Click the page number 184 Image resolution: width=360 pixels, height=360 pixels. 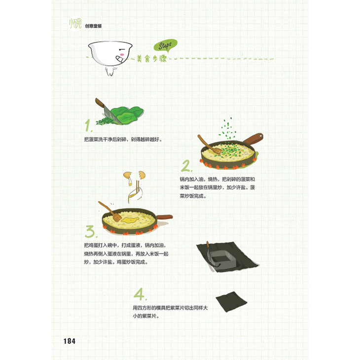[70, 341]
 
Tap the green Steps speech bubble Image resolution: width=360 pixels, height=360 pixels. [165, 46]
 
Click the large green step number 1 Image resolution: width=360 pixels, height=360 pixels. [88, 125]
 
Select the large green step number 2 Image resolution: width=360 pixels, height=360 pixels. [186, 166]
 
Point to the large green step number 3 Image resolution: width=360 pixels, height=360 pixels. [90, 231]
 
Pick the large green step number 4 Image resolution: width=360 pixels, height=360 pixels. [140, 294]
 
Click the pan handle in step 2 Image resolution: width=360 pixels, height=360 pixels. [253, 139]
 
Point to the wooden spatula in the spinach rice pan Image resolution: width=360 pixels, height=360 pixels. [210, 144]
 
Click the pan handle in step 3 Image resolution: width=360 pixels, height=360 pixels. [164, 217]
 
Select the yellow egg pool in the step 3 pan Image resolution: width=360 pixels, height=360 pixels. [130, 220]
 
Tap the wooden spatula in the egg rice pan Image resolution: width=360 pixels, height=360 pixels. [110, 211]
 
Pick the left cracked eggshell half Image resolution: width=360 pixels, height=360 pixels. [128, 176]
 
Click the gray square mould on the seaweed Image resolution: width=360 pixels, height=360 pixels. [221, 259]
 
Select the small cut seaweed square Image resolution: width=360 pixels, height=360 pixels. [231, 301]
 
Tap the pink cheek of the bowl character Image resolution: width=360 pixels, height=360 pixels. [122, 55]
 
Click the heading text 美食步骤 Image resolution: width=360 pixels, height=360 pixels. [152, 59]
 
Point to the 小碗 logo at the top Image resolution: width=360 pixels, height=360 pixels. [75, 24]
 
